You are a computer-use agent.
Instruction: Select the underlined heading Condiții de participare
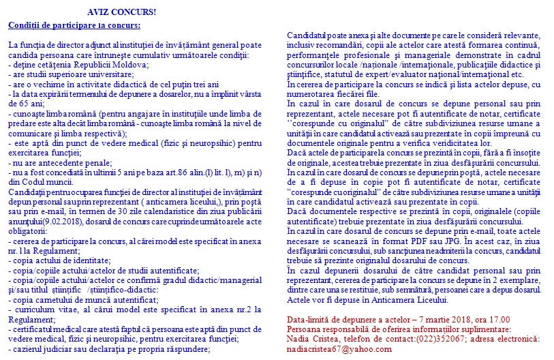(74, 26)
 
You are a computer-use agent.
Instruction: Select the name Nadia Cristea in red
(313, 338)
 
